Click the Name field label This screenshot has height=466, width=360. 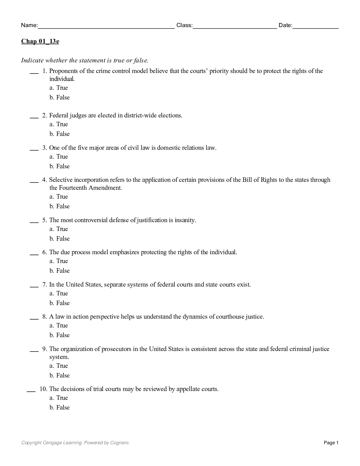(x=29, y=25)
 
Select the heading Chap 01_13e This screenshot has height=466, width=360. (x=40, y=41)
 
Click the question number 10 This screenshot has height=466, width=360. (x=43, y=389)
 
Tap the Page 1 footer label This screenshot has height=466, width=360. (x=331, y=443)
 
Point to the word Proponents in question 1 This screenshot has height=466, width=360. (x=64, y=71)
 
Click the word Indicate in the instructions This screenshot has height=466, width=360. (x=32, y=61)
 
